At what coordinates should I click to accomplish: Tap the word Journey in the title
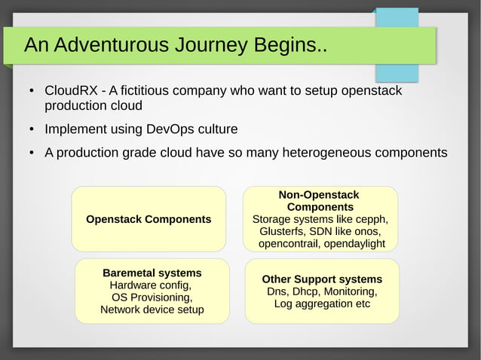pyautogui.click(x=212, y=46)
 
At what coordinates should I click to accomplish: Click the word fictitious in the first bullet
pyautogui.click(x=142, y=91)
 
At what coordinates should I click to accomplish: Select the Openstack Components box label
pyautogui.click(x=149, y=219)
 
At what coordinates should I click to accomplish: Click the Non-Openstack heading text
pyautogui.click(x=319, y=195)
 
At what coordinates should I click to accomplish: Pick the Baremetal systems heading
pyautogui.click(x=152, y=273)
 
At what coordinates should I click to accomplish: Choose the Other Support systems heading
pyautogui.click(x=322, y=279)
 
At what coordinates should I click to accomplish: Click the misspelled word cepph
pyautogui.click(x=370, y=219)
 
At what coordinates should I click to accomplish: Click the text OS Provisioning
pyautogui.click(x=152, y=297)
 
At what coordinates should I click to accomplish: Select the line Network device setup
pyautogui.click(x=152, y=310)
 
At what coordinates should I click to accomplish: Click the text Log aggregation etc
pyautogui.click(x=322, y=304)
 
